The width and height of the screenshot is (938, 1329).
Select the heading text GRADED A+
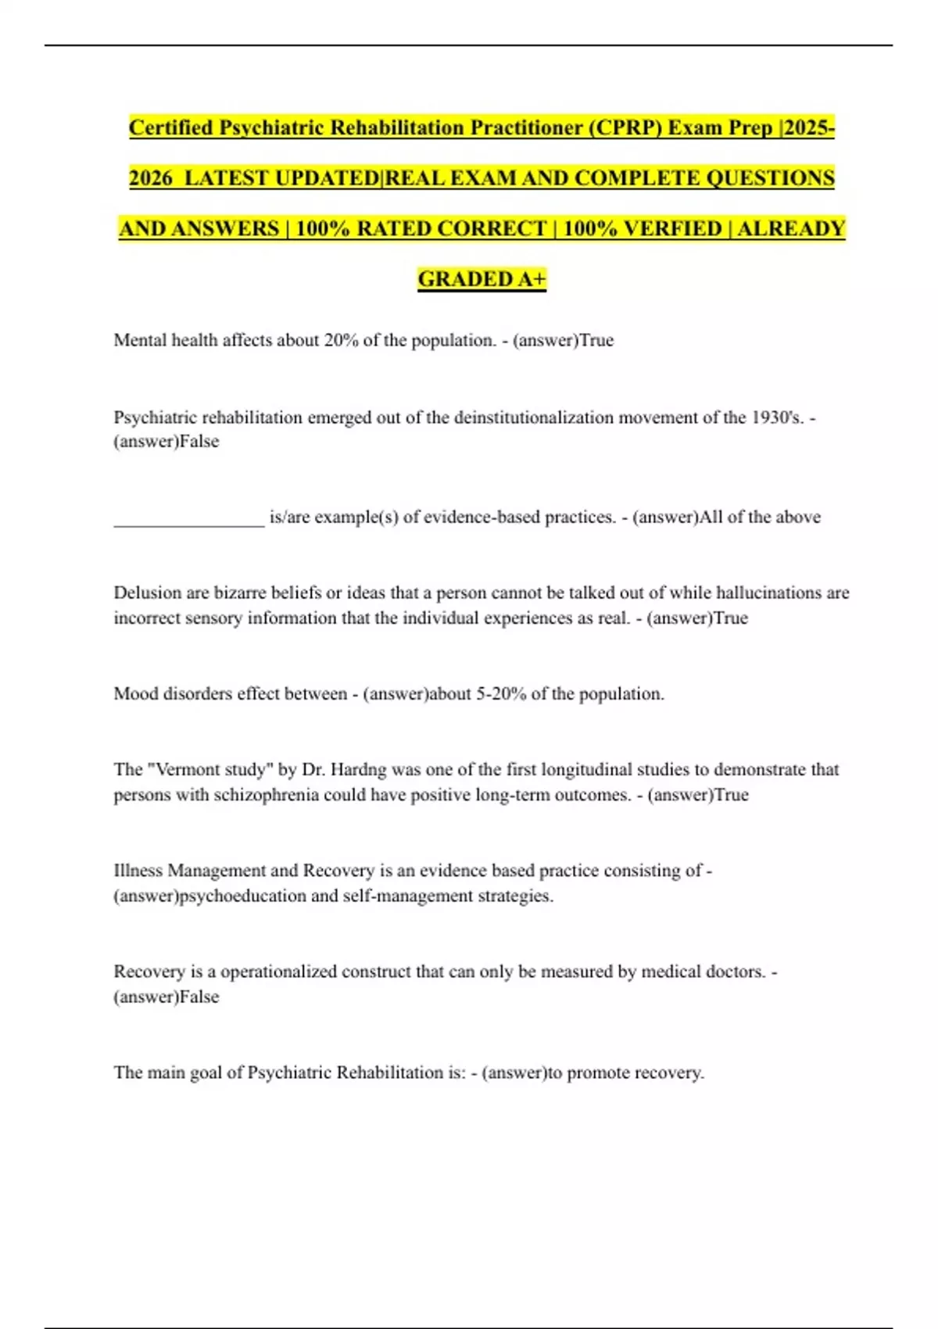click(482, 279)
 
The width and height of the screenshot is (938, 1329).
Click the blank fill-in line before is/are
click(189, 518)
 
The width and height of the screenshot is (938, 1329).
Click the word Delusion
click(148, 593)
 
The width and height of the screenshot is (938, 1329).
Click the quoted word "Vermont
click(182, 769)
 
